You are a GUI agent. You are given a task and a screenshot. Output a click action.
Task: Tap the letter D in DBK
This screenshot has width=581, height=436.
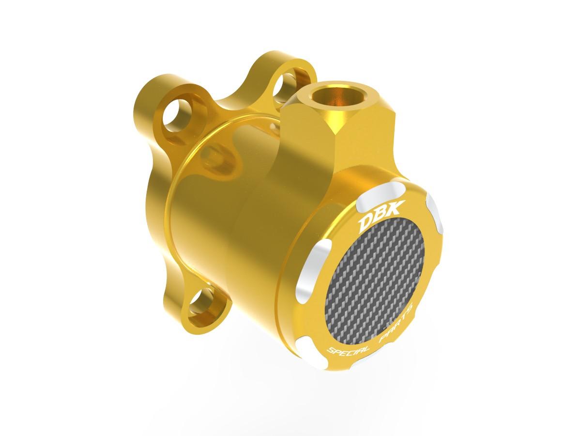[x=364, y=224]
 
